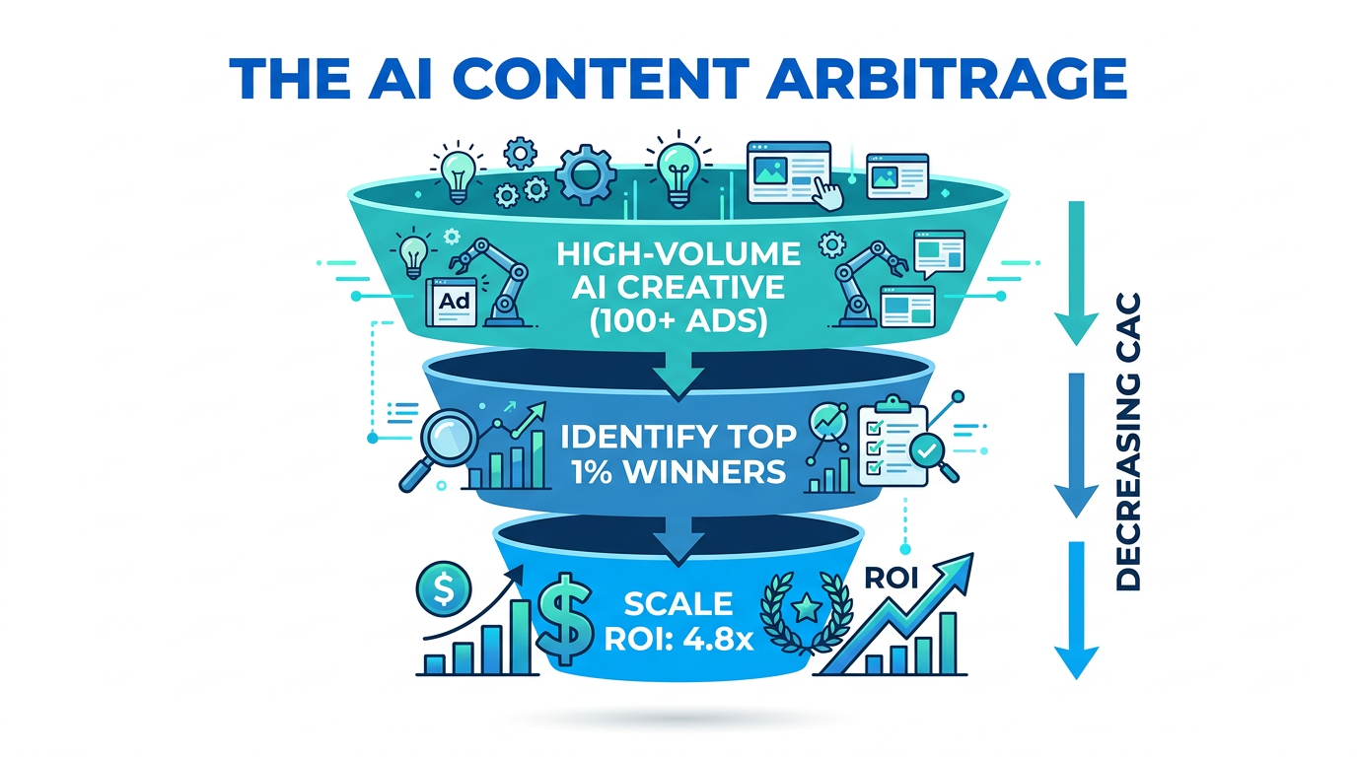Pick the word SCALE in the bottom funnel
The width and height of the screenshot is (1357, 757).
coord(678,603)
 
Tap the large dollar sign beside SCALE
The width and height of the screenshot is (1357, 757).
coord(567,619)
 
